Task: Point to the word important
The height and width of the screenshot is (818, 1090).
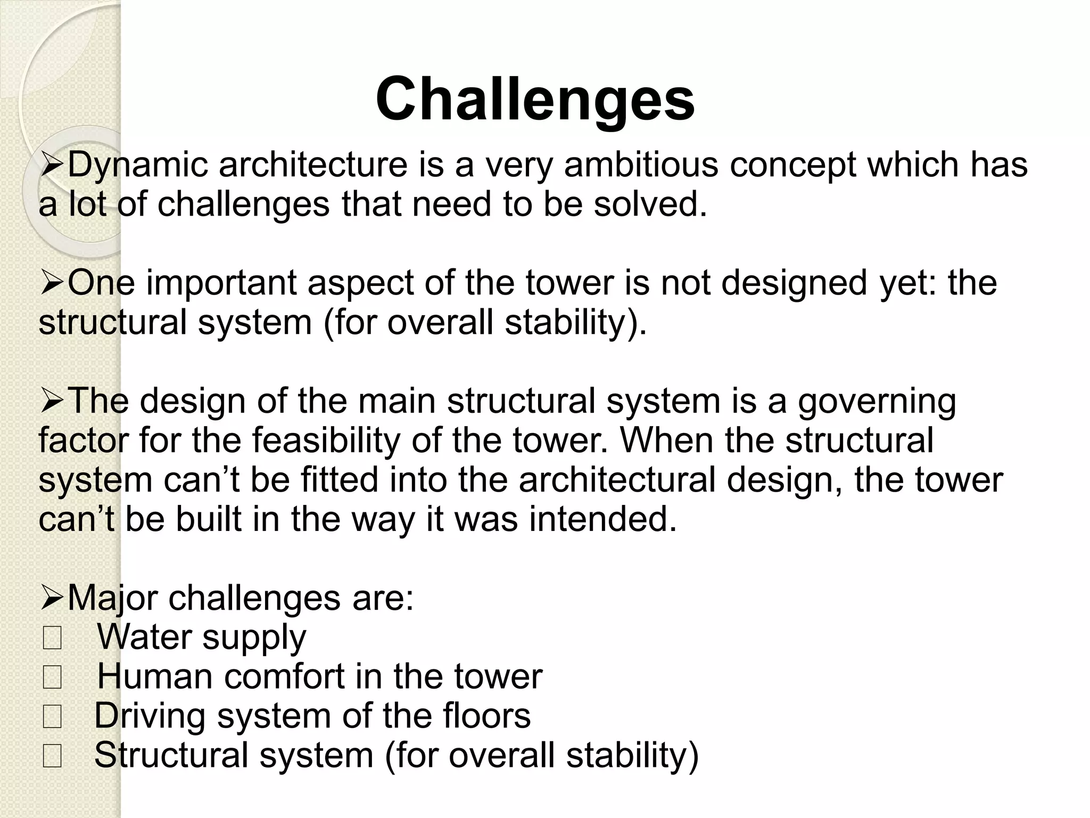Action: pyautogui.click(x=221, y=283)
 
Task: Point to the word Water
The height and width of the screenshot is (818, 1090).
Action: pyautogui.click(x=141, y=637)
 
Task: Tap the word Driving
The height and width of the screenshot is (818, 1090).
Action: pyautogui.click(x=150, y=716)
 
